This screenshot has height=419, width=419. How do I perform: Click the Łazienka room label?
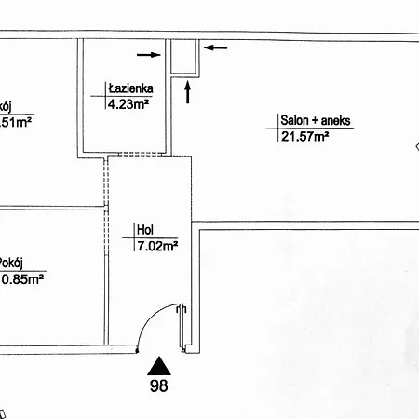(x=130, y=89)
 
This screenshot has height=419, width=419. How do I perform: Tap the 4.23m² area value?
(x=129, y=104)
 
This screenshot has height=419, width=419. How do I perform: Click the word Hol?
(x=144, y=232)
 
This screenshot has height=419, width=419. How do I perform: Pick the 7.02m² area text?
(x=156, y=247)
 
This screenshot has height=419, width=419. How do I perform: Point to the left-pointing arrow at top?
(x=215, y=47)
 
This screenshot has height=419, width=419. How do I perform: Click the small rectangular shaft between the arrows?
(x=184, y=57)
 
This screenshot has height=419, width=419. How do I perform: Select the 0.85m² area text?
(x=23, y=277)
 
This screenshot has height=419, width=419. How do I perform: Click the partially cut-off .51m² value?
(x=17, y=121)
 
